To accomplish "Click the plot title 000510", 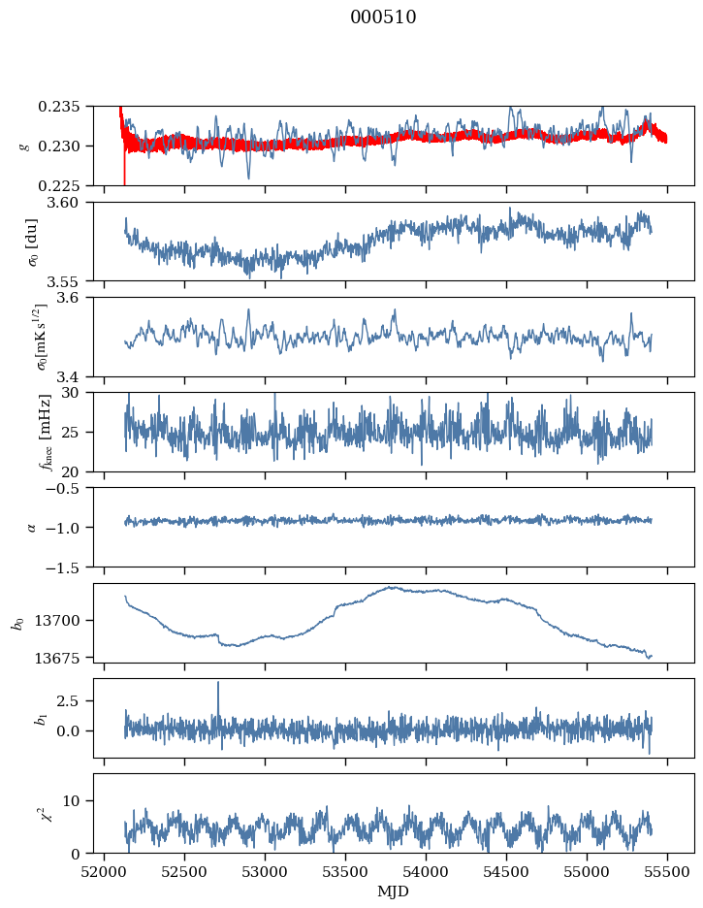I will pyautogui.click(x=383, y=17).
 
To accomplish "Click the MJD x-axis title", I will pyautogui.click(x=394, y=892).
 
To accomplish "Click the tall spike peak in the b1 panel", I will pyautogui.click(x=218, y=683).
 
